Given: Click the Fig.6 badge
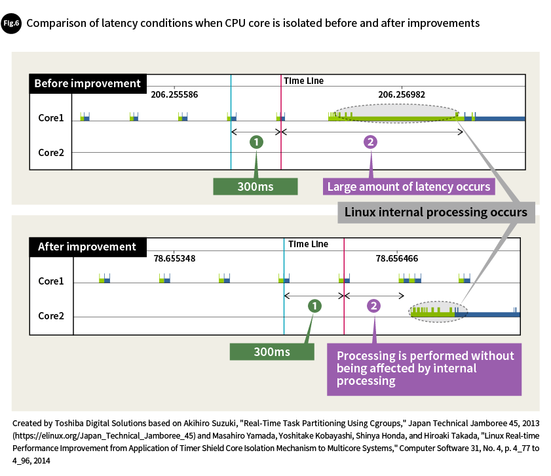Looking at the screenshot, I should (11, 23).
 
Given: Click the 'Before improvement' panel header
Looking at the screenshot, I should (87, 83).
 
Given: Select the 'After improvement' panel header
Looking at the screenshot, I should (87, 247).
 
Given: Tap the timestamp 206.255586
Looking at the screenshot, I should (174, 94).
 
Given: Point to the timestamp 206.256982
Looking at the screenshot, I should (402, 94).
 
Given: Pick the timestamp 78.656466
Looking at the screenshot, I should (397, 258).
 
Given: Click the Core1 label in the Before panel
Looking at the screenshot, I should (50, 118).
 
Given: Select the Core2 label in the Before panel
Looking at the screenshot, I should (50, 152).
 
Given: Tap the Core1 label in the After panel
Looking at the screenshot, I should (51, 281).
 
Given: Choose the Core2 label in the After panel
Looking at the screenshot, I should (51, 315).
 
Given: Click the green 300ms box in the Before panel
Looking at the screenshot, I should (256, 187).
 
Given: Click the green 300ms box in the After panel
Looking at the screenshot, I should (272, 351).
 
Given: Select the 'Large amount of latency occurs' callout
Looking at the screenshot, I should (409, 187).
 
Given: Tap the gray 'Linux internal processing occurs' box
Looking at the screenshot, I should (436, 212).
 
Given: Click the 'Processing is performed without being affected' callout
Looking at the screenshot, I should (425, 368).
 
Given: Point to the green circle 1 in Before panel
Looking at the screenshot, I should (257, 142).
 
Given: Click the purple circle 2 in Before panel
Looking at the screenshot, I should (370, 142).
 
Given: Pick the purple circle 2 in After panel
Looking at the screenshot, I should (373, 306).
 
